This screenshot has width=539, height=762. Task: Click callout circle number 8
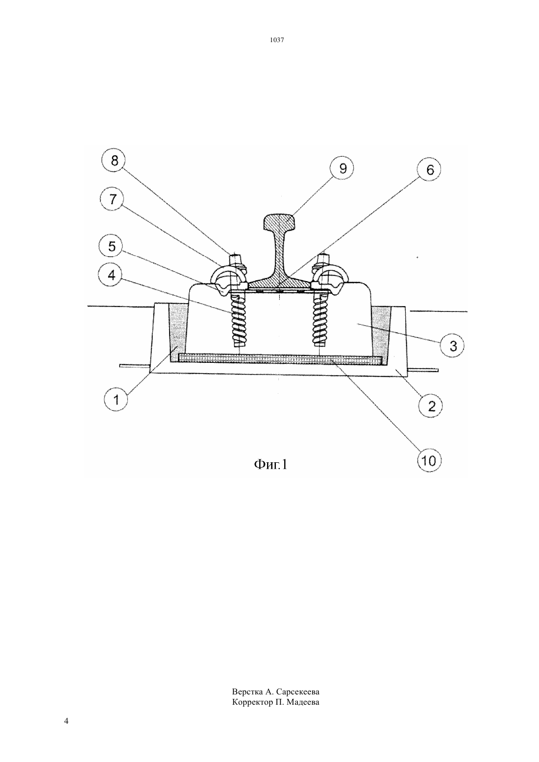114,161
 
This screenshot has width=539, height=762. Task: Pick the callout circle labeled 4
111,275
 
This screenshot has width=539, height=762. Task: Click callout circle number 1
116,400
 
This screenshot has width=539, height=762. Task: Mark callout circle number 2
431,405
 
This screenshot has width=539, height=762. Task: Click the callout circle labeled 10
429,461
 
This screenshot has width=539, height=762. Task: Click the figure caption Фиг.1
271,464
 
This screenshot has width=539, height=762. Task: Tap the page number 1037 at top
277,40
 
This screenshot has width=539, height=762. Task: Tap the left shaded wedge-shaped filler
177,332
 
